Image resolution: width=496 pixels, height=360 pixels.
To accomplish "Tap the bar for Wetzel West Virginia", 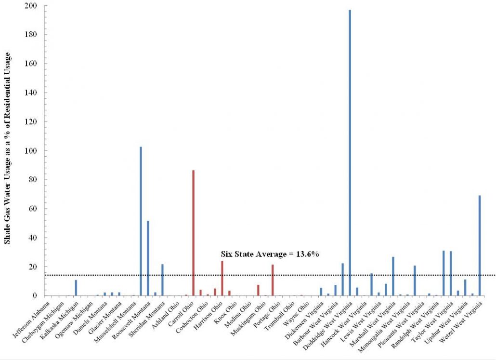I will coord(480,245).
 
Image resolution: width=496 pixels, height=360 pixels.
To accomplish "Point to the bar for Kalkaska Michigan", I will coord(76,288).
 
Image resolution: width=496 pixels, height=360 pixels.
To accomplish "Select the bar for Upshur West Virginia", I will coord(465,287).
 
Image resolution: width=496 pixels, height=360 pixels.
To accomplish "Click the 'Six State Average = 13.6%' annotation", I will coord(270,254).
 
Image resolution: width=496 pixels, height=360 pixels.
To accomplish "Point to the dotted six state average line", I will coord(289,275).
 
